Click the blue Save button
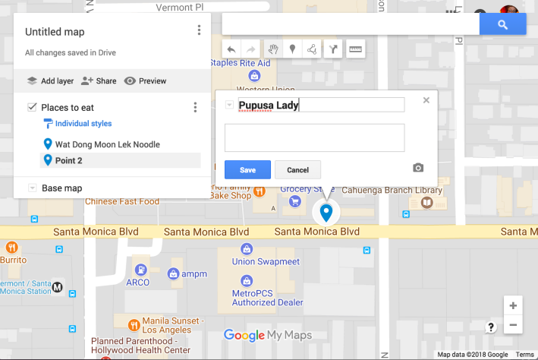pos(247,169)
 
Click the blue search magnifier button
pos(502,24)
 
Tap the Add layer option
pos(50,81)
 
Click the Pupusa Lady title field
pos(320,106)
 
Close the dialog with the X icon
pos(426,99)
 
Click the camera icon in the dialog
pos(418,168)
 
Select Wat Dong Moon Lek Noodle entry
pos(107,144)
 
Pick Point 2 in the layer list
pos(68,160)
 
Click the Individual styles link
pos(83,124)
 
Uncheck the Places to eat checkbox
pos(32,107)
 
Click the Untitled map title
pos(55,32)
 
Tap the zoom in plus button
pos(513,305)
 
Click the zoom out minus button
pos(513,325)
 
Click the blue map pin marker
pos(326,212)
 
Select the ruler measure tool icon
pos(355,49)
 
